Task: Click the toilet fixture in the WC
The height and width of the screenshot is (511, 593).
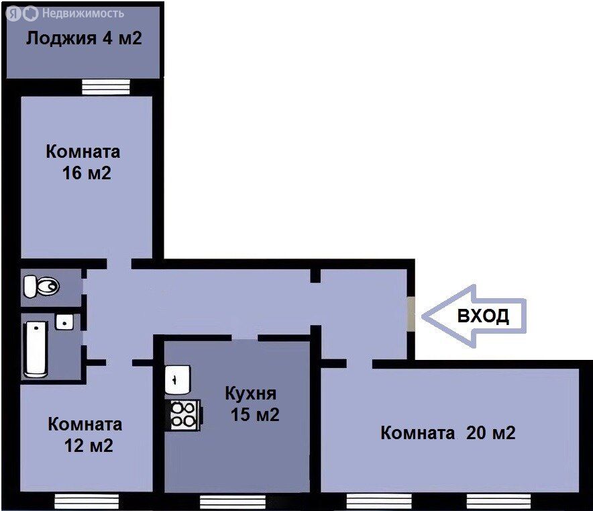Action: coord(41,286)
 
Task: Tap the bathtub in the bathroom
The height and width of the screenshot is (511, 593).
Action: coord(36,349)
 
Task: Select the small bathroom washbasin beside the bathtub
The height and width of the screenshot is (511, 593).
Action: coord(64,322)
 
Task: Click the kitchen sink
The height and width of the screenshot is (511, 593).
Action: coord(177,379)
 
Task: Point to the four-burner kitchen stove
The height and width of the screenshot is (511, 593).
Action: coord(184,415)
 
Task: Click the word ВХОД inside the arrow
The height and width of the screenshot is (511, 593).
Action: coord(483,316)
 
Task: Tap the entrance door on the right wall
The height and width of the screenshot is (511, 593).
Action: coord(411,314)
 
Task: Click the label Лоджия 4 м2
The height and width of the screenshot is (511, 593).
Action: coord(84,38)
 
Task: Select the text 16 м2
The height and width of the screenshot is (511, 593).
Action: coord(87,173)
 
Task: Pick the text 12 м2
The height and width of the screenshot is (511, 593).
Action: coord(89,445)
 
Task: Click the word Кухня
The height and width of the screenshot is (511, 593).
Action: coord(251,393)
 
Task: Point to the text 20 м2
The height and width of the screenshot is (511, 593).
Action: coord(490,433)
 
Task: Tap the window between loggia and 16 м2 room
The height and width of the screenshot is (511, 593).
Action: coord(106,87)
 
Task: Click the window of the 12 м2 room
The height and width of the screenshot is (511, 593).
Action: coord(87,502)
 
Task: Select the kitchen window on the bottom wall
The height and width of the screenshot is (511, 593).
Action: coord(233,502)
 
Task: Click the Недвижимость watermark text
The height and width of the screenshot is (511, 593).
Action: coord(83,13)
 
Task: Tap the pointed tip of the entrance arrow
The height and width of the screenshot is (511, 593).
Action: coord(422,316)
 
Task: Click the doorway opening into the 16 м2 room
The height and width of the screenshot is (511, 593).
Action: coord(119,264)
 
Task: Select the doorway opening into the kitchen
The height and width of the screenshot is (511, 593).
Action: coord(245,338)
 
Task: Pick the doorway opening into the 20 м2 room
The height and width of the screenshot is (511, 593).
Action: coord(360,364)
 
